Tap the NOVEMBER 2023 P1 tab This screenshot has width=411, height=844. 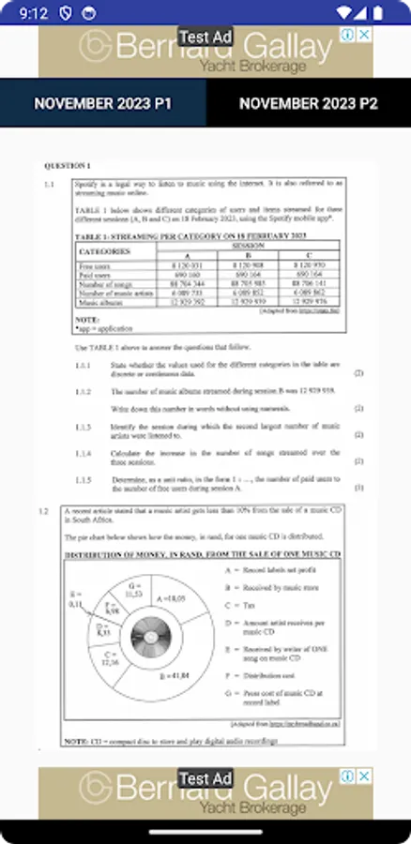102,103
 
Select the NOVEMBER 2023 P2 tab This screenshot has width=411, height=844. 308,103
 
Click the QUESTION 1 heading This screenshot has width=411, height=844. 65,166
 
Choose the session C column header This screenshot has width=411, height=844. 308,256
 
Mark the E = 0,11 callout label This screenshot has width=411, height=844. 76,600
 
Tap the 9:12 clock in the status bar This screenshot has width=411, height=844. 32,13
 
